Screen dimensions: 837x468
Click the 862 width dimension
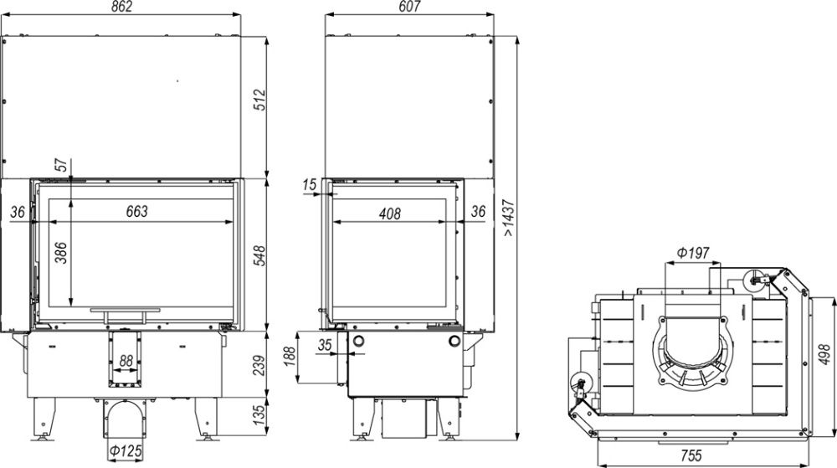coord(121,7)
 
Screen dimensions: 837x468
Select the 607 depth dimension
coord(409,7)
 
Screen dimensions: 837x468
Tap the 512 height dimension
coord(259,100)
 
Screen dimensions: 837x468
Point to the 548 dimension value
coord(259,256)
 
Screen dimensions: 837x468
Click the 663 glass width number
coord(136,211)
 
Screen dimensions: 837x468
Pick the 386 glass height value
coord(62,253)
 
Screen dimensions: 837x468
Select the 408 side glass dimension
coord(390,214)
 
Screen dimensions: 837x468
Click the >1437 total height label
coord(509,218)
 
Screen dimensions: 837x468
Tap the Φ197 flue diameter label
coord(693,252)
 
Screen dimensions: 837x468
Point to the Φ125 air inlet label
coord(126,452)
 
